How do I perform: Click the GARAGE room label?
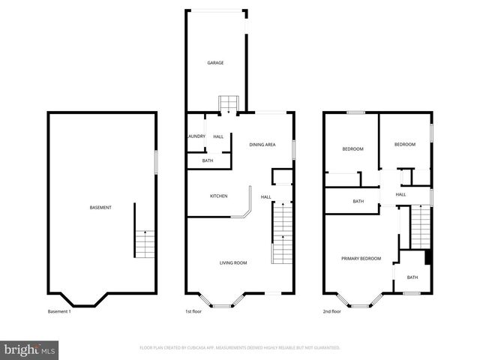(216, 63)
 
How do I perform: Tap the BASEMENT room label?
(100, 208)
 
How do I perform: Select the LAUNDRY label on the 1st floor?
(196, 136)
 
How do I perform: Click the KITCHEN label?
(218, 196)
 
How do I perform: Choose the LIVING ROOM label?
(233, 262)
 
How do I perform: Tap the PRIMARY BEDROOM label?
(361, 259)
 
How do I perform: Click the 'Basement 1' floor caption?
(59, 311)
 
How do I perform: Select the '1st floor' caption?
(194, 311)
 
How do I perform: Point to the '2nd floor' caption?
(332, 311)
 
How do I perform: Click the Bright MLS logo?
(30, 349)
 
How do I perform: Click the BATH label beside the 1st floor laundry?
(207, 160)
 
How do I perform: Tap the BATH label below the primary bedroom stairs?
(412, 277)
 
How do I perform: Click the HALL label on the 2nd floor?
(400, 195)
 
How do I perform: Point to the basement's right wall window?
(156, 163)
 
